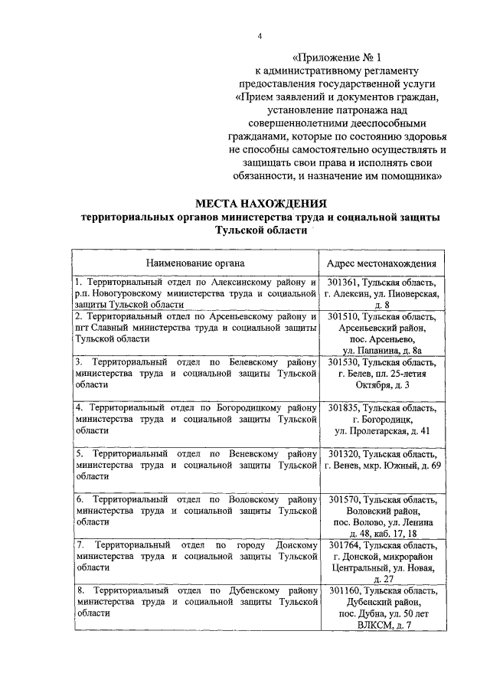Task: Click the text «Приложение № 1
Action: click(337, 57)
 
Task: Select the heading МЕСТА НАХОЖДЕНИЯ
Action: click(260, 204)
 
